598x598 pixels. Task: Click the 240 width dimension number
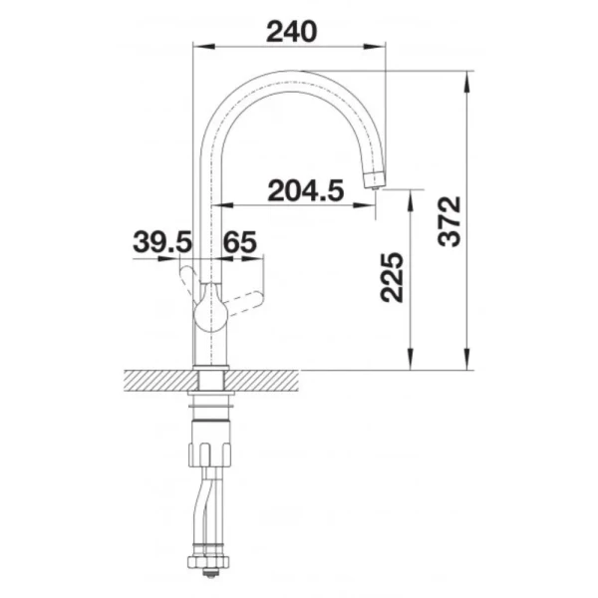(291, 31)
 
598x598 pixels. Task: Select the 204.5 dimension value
(306, 189)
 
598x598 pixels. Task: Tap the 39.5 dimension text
(161, 242)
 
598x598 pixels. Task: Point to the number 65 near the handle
(239, 242)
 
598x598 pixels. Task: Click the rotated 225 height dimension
(392, 276)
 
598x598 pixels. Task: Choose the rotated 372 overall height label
(450, 221)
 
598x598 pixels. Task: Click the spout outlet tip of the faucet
(375, 179)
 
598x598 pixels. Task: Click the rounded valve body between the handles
(210, 308)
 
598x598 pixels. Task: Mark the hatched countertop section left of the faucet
(154, 380)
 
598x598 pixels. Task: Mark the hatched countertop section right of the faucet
(264, 380)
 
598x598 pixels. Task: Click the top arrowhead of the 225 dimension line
(410, 198)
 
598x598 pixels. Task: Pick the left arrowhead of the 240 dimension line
(196, 46)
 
